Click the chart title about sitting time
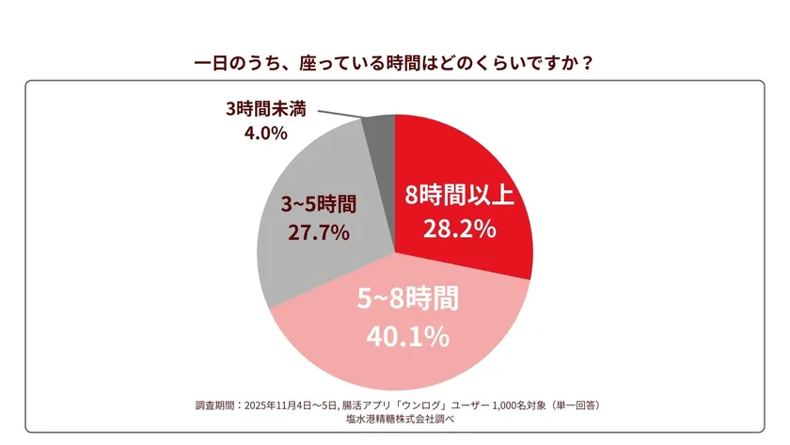coord(394,65)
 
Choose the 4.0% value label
coord(264,134)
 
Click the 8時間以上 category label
coord(458,196)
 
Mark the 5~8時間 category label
coord(409,300)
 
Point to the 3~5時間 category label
coord(319,202)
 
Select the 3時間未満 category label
coord(264,109)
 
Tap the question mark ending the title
coord(587,65)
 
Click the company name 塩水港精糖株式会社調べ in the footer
coord(395,420)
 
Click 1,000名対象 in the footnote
coord(512,405)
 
